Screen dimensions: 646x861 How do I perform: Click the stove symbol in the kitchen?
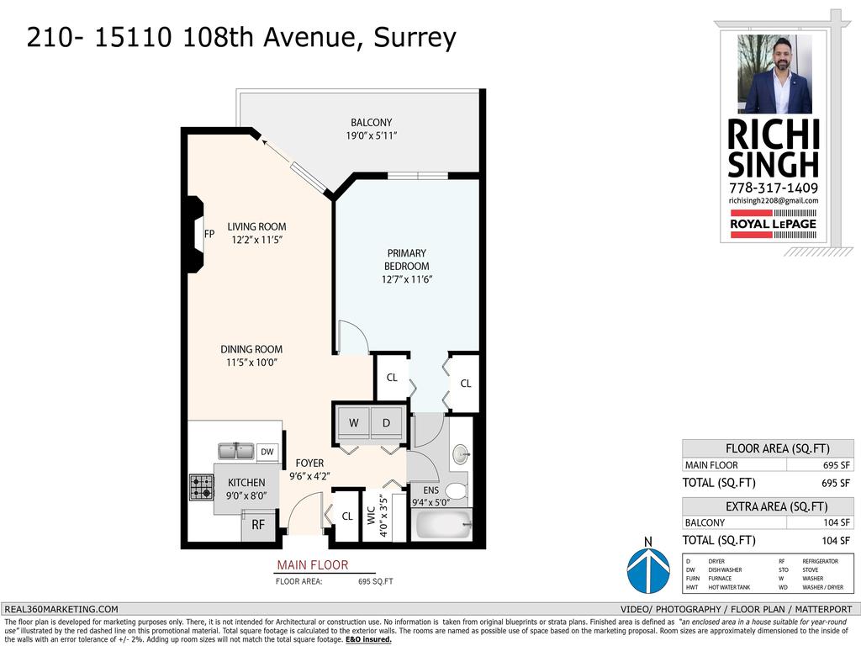tap(201, 488)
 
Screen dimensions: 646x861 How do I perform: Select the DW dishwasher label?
tap(267, 453)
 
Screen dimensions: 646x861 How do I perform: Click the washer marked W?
tap(354, 423)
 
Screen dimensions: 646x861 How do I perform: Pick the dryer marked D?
tap(387, 423)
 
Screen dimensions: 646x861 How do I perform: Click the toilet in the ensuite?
tap(456, 490)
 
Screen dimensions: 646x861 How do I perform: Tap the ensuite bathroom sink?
tap(461, 455)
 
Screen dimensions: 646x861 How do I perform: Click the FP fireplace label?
tap(209, 234)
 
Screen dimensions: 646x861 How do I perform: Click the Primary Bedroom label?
tap(407, 259)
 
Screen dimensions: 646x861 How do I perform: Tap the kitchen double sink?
tap(236, 452)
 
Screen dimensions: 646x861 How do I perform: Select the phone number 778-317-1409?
tap(773, 188)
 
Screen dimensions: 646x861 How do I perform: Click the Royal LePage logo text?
tap(773, 224)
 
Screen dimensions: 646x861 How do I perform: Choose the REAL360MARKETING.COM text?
tap(61, 609)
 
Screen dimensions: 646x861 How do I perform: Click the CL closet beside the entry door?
tap(346, 516)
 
